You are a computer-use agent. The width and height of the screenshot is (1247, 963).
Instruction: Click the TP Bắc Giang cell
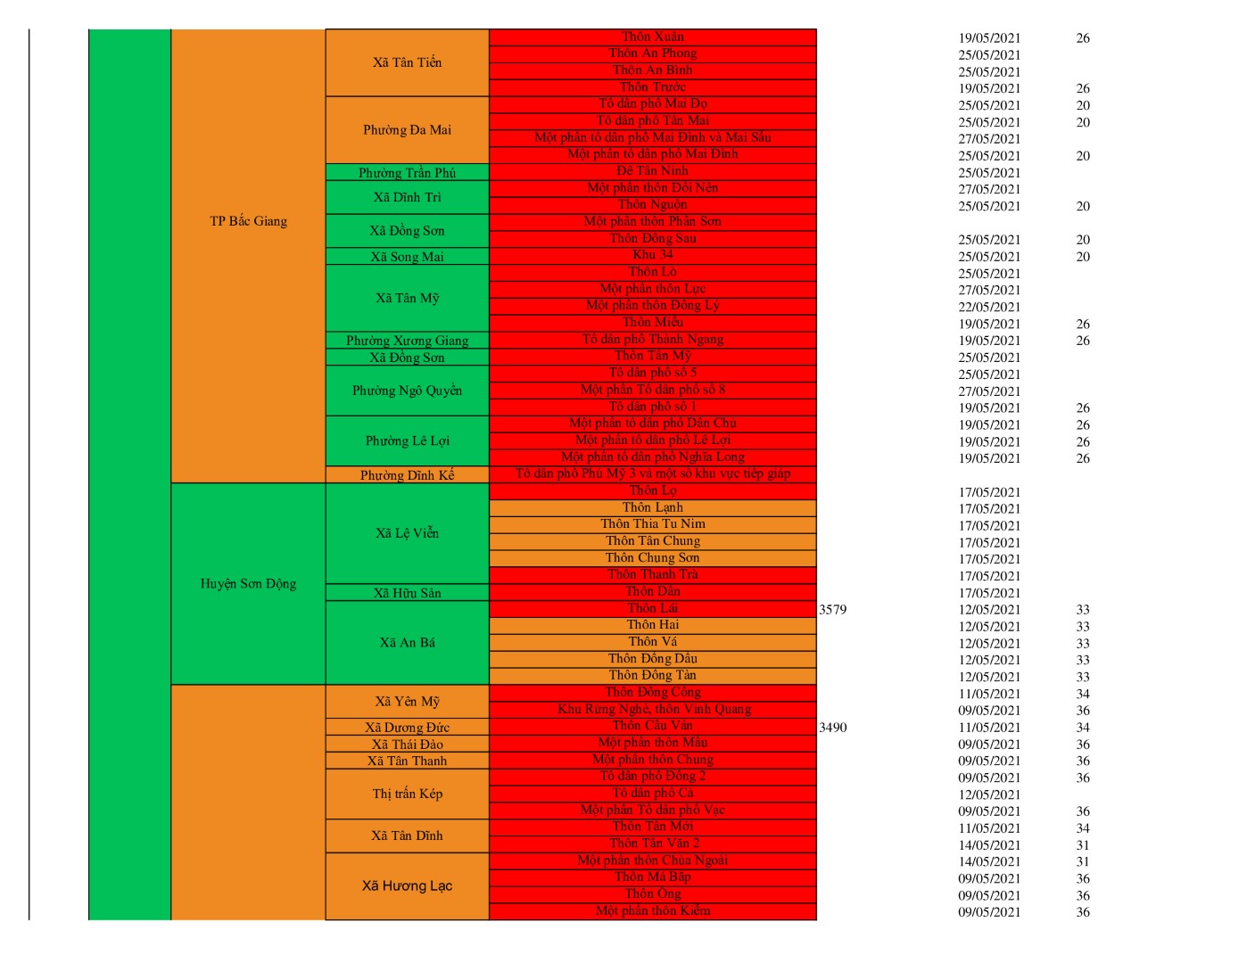(x=248, y=221)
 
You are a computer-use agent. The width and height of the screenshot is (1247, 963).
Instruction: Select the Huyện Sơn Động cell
(x=248, y=583)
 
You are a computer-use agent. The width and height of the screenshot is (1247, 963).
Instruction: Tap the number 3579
(x=832, y=610)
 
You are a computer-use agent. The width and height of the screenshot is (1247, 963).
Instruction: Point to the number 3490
(x=832, y=728)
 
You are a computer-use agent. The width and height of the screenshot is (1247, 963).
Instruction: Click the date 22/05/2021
(x=989, y=307)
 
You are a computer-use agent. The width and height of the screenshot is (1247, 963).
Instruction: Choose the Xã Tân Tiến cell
(x=407, y=62)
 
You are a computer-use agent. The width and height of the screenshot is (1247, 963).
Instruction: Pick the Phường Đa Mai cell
(x=407, y=130)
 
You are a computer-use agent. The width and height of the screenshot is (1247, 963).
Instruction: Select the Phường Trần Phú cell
(x=407, y=172)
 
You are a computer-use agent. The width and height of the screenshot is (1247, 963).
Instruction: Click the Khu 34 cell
(x=653, y=255)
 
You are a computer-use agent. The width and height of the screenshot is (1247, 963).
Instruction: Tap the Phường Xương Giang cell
(x=407, y=340)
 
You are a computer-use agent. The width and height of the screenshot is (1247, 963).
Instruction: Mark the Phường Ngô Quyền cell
(x=407, y=391)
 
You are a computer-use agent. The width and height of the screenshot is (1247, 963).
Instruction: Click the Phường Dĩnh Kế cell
(x=407, y=474)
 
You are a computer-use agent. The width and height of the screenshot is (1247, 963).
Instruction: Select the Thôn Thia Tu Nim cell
(x=653, y=524)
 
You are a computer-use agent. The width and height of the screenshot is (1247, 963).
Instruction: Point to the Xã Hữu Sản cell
(x=407, y=593)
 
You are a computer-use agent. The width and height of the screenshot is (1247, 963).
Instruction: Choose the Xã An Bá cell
(x=407, y=642)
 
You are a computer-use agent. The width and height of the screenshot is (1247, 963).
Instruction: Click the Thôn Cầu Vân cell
(x=653, y=726)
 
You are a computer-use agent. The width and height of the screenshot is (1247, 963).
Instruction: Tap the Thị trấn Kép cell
(x=407, y=794)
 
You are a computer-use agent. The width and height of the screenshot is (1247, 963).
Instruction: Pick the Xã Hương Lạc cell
(x=407, y=885)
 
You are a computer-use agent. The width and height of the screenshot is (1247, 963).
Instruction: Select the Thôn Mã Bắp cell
(x=653, y=877)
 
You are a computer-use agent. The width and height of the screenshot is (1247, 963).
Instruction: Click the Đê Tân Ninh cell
(x=653, y=170)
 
